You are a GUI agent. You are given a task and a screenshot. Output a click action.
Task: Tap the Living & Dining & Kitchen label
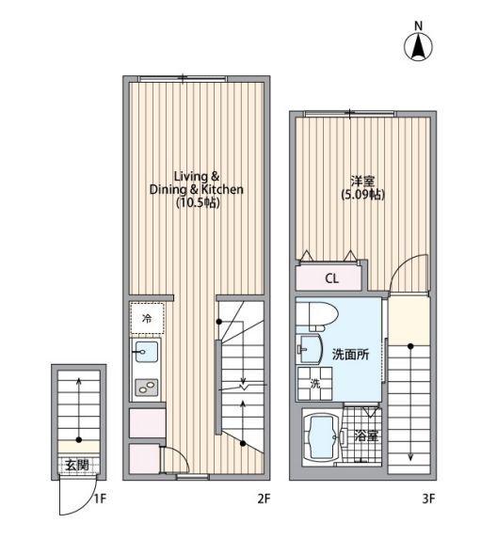tap(196, 182)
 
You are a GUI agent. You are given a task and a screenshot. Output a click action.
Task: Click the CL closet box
tap(331, 278)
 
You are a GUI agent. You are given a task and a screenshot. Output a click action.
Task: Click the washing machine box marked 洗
tap(315, 384)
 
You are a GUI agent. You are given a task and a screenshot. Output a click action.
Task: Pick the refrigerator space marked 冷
tap(146, 319)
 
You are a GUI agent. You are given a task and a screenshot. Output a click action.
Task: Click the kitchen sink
tap(146, 353)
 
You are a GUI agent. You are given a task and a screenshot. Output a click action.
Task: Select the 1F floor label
tap(100, 499)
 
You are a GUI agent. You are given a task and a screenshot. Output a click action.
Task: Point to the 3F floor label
tap(429, 499)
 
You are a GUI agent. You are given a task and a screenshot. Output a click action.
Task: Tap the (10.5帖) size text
tap(197, 202)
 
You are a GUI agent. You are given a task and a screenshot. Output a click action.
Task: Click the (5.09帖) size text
tap(361, 195)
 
